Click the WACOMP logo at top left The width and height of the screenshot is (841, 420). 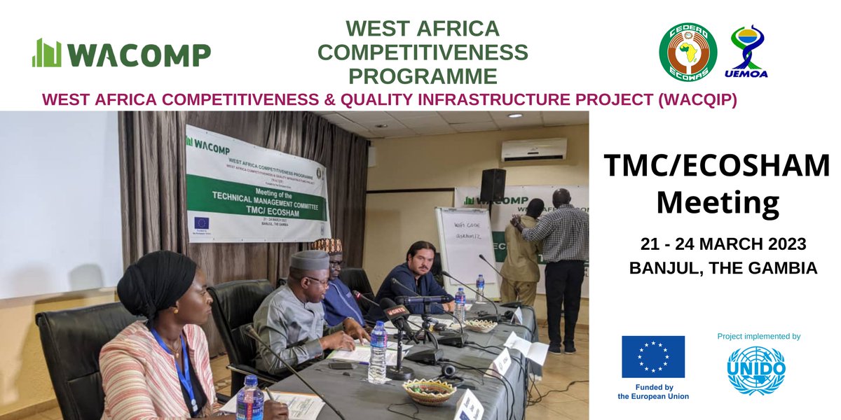coord(121,54)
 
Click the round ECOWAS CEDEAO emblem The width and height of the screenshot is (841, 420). coord(688,51)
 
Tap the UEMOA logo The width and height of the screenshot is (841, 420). coord(749,51)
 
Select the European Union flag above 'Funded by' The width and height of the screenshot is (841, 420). coord(652,356)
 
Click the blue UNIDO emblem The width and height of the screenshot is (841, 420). coord(756,370)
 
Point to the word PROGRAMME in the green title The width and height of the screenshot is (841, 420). coord(423,76)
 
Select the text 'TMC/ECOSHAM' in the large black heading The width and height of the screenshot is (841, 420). coord(716,167)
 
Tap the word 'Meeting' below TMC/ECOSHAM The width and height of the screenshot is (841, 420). coord(717,204)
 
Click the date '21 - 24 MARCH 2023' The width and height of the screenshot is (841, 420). coord(723,245)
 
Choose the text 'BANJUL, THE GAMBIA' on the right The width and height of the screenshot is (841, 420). coord(723,268)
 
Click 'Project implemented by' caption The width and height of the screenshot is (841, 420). coord(758,337)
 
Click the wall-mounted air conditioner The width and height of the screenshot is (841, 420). coord(533,150)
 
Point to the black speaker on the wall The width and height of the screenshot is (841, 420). coord(493,185)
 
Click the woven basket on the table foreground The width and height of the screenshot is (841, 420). coord(429,391)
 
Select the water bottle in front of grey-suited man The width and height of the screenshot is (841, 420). coord(378,352)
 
